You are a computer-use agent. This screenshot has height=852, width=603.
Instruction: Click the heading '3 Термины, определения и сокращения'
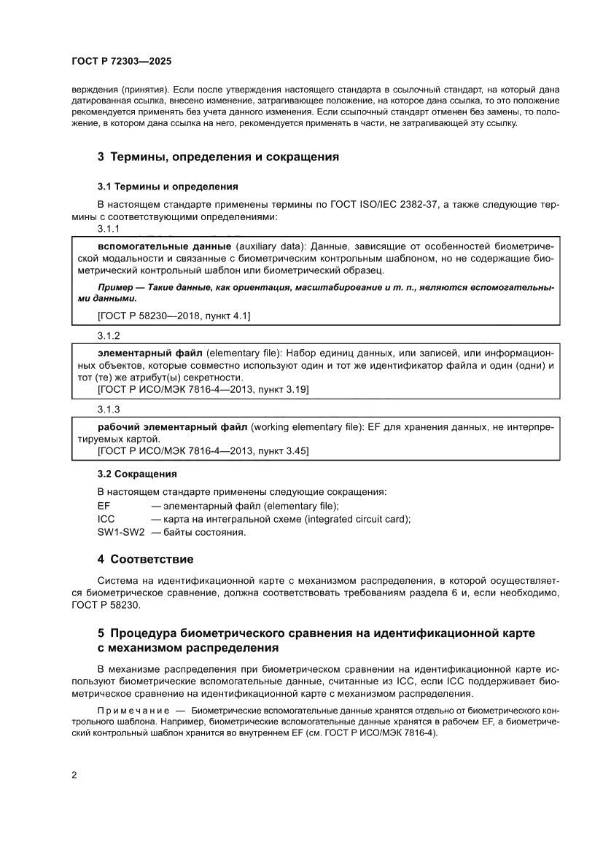218,157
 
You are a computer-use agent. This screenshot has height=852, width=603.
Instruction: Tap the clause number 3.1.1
109,229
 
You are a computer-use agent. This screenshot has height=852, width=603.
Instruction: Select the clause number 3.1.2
109,336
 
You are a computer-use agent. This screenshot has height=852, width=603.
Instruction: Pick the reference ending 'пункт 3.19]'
203,390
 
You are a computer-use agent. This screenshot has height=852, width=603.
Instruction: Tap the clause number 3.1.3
109,411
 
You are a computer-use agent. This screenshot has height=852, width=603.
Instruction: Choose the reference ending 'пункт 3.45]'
203,452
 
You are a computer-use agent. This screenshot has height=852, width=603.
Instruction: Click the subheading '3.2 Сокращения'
137,473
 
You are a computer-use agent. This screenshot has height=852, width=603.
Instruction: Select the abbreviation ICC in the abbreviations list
106,519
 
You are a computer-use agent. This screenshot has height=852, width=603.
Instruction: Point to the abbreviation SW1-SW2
121,532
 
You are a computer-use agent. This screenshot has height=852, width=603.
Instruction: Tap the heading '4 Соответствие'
145,560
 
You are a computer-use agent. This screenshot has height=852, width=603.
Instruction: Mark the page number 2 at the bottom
75,775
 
